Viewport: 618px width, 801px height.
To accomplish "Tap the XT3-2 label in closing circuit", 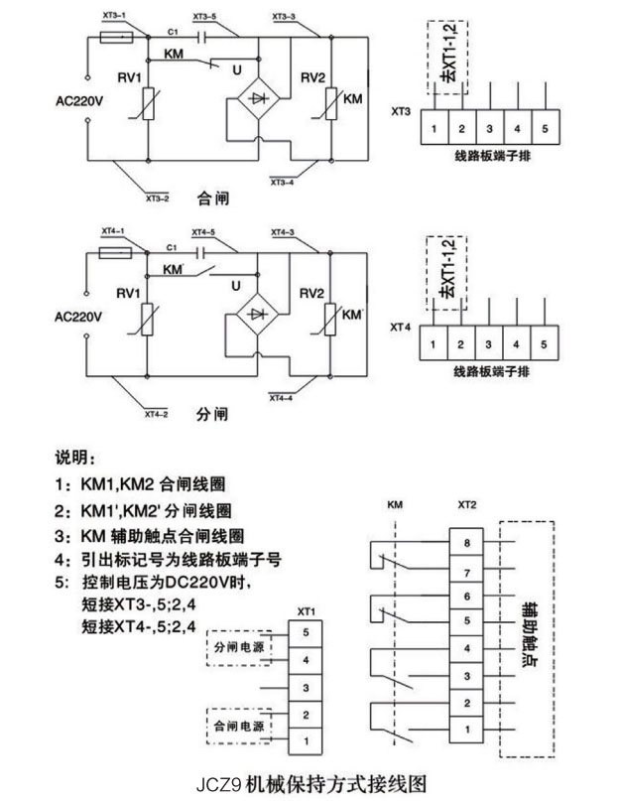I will tap(157, 198).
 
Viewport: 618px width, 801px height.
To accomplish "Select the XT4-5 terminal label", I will tap(202, 232).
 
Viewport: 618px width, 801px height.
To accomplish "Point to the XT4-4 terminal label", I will tap(283, 398).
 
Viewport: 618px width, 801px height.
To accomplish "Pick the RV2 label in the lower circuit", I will tap(311, 294).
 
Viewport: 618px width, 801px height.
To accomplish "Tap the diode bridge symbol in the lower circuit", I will tap(261, 313).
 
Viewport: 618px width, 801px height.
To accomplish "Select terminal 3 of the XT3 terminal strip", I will tap(489, 130).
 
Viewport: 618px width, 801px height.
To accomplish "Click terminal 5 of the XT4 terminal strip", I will tap(545, 343).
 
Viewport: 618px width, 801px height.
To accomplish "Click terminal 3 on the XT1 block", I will tap(307, 687).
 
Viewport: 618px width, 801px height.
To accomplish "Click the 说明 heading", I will tap(76, 460).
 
